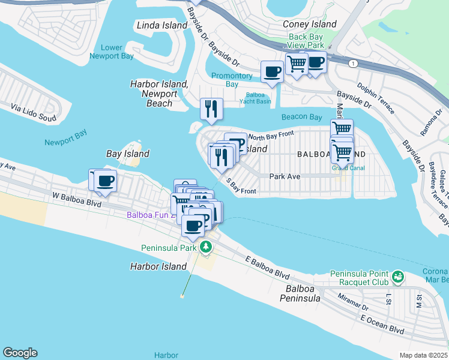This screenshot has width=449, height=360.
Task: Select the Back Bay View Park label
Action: (306, 41)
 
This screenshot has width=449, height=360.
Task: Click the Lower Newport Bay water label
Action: (112, 52)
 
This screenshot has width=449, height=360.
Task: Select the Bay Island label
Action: (127, 154)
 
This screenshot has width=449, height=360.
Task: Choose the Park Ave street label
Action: (285, 176)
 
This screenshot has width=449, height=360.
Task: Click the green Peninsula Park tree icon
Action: (206, 247)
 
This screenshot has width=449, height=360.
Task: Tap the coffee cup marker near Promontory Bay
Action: (271, 71)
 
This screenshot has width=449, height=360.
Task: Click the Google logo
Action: (20, 353)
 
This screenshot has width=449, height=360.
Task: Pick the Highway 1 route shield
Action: (353, 62)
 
